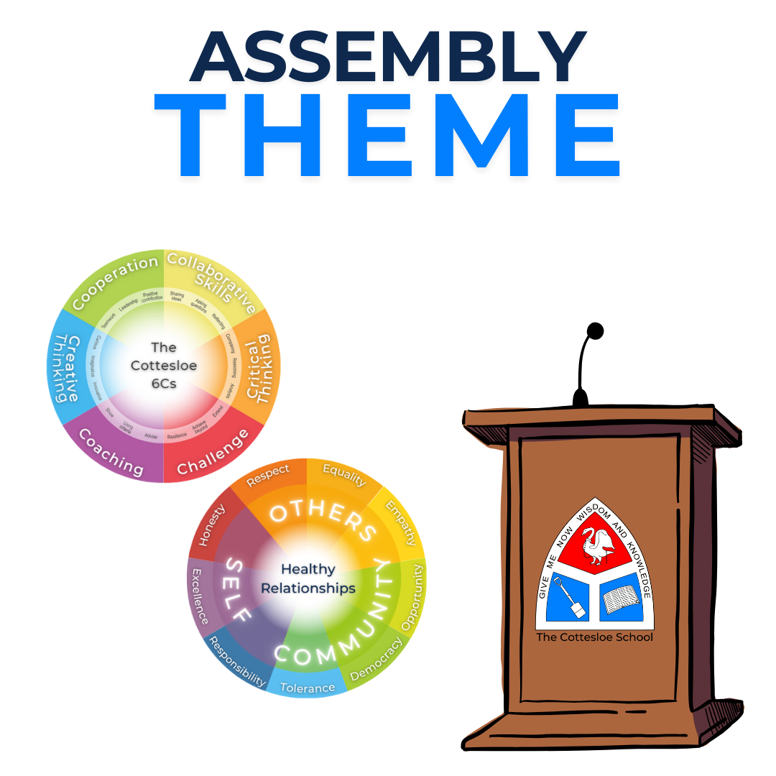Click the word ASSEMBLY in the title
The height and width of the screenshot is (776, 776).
[x=388, y=57]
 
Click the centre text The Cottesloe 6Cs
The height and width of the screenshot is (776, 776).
[x=164, y=365]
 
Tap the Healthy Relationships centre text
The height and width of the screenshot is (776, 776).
[x=308, y=578]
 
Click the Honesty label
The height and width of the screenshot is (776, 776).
[x=213, y=525]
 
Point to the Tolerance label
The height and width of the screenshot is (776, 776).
[x=307, y=688]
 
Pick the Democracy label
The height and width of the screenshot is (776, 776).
[x=375, y=657]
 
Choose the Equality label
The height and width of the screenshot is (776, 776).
[x=343, y=475]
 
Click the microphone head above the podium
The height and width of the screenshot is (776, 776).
[x=595, y=331]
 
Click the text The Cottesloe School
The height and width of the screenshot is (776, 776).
[x=595, y=637]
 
